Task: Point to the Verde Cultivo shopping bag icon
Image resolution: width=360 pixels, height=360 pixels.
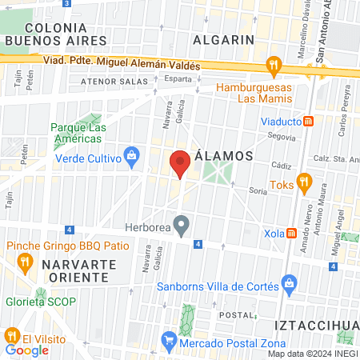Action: [130, 158]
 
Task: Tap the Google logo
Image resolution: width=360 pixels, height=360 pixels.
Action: [27, 350]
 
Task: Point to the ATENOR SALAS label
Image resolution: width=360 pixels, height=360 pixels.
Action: [114, 81]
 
